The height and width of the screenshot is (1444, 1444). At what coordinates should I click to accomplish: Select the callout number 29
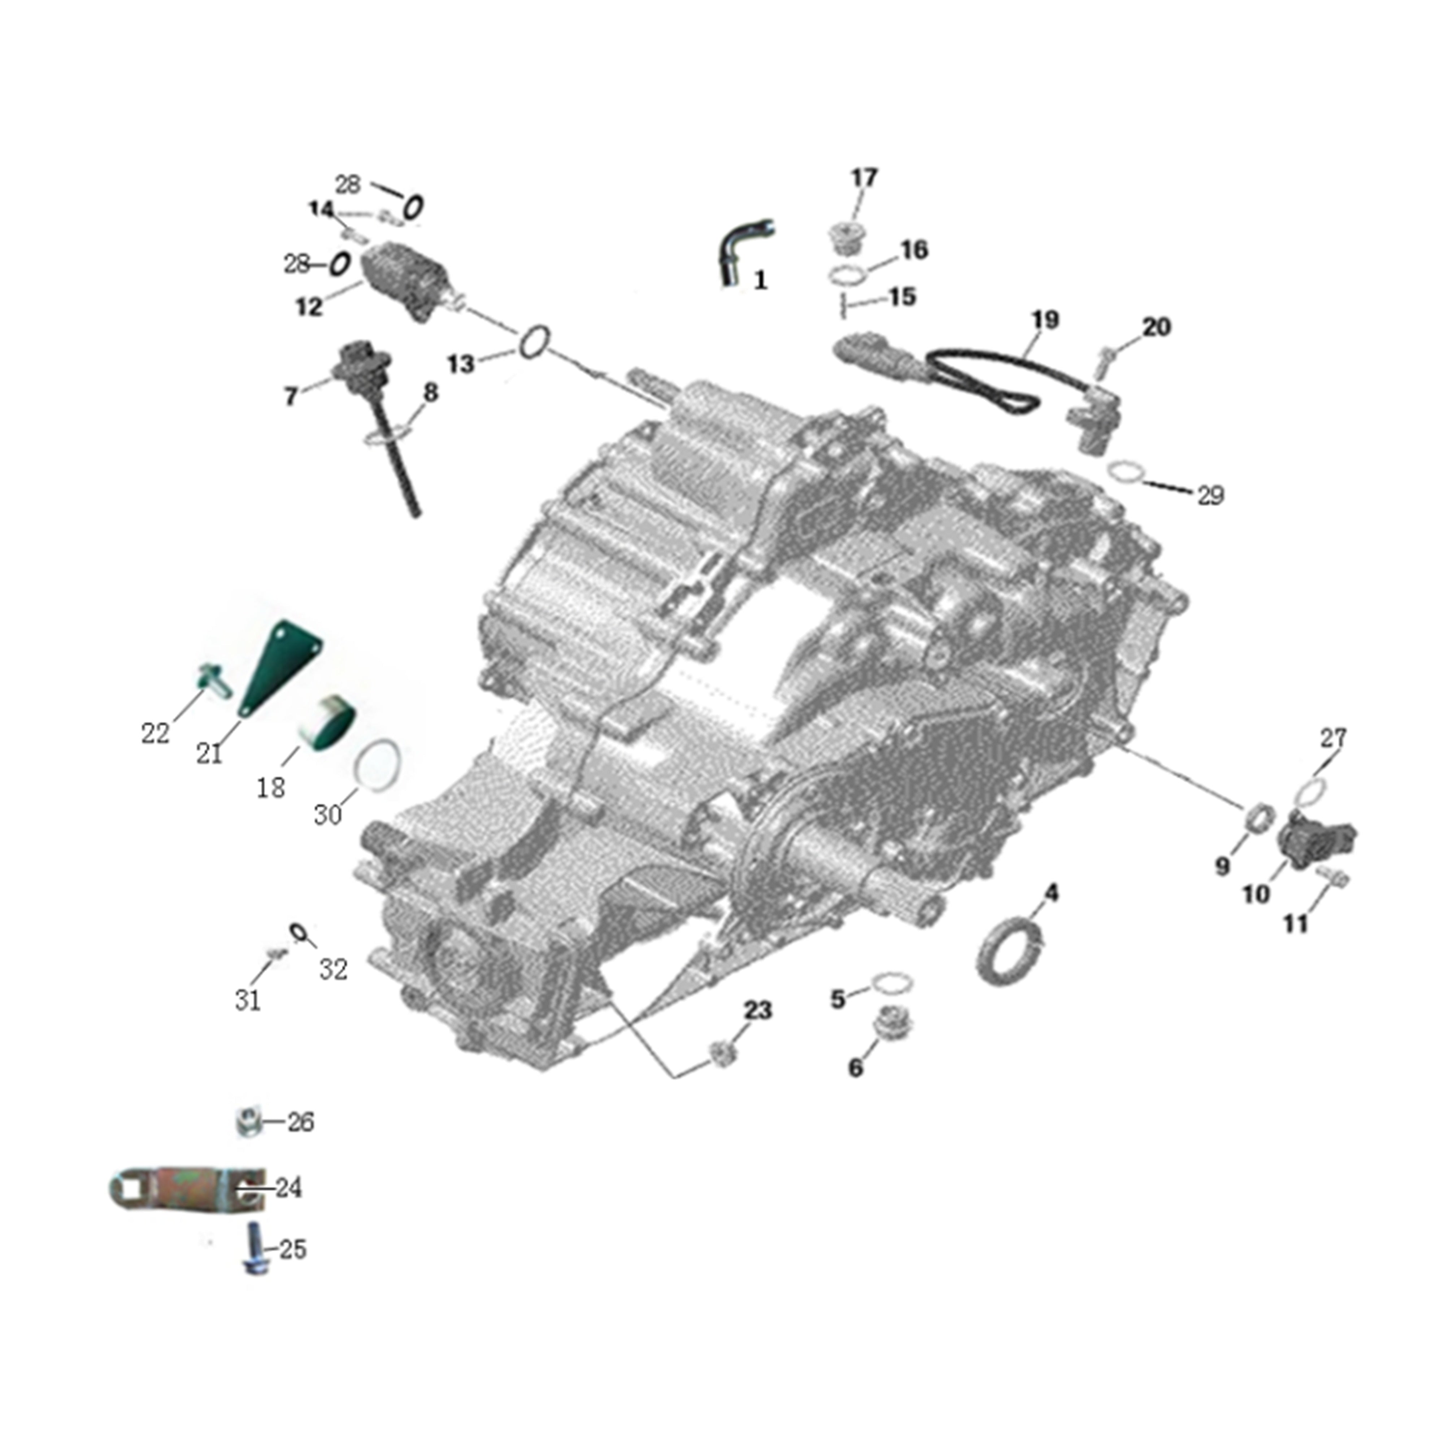pyautogui.click(x=1211, y=495)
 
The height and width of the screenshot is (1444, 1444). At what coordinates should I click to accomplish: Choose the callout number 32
pyautogui.click(x=333, y=969)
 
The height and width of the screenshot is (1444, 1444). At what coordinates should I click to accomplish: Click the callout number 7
pyautogui.click(x=291, y=396)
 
